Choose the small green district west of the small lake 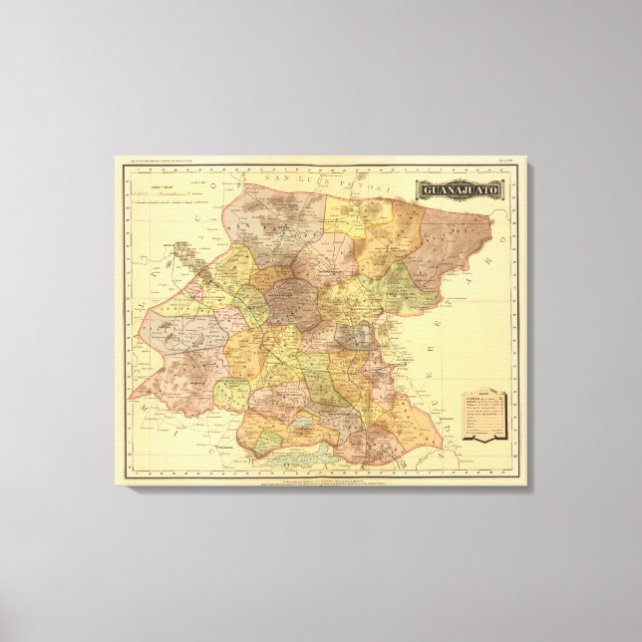(x=231, y=395)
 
